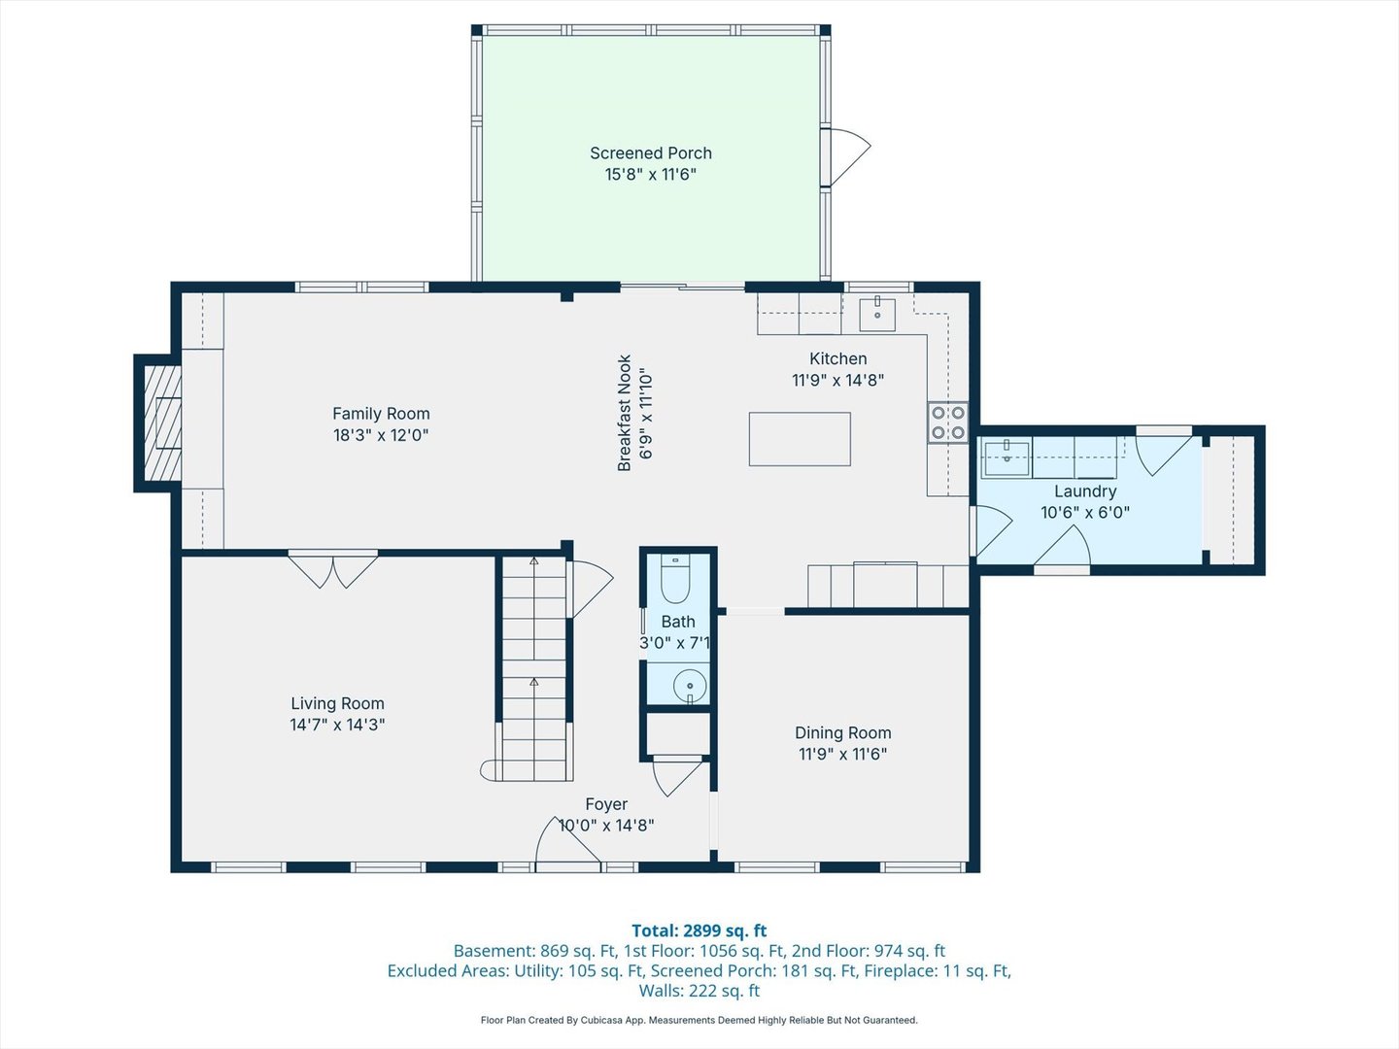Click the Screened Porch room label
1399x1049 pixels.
650,153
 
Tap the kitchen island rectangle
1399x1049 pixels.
800,439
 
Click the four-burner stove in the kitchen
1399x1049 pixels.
948,423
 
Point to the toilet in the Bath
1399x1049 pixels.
674,581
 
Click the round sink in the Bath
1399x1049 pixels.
690,684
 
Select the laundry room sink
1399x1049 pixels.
1007,457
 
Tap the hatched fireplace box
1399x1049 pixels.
162,423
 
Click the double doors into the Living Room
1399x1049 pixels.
333,569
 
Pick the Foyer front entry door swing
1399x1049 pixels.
568,841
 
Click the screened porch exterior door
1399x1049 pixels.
844,155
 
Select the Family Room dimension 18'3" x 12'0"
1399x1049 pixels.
381,435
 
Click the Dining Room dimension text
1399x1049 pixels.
842,754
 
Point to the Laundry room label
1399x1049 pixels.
1085,491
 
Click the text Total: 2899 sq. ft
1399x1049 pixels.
699,931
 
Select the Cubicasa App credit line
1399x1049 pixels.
699,1020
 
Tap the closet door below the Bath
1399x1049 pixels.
677,774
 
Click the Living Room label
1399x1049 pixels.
337,703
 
